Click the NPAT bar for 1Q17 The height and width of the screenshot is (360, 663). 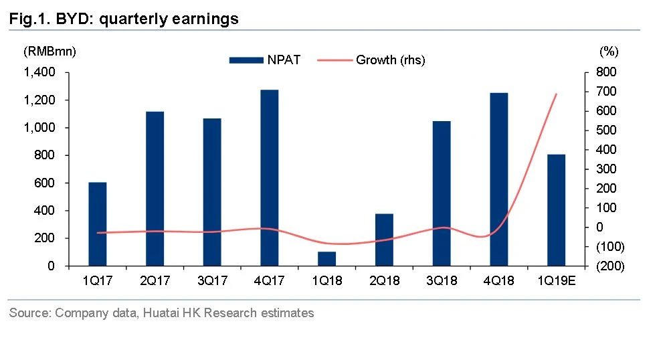(x=98, y=224)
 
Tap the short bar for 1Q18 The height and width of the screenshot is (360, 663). (x=327, y=258)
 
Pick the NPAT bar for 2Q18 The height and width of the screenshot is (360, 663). (x=385, y=240)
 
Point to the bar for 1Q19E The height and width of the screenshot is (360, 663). (x=557, y=210)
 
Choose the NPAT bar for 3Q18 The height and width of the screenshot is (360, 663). (x=442, y=193)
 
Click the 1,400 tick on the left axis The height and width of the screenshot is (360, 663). (x=41, y=72)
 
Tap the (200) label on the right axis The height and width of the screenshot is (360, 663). (x=609, y=266)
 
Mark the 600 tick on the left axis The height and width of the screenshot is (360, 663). (x=47, y=183)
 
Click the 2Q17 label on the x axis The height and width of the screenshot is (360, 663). (x=155, y=280)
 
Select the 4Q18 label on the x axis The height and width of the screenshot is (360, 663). (x=499, y=280)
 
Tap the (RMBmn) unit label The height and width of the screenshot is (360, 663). (x=50, y=51)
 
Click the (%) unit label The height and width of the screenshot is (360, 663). (x=609, y=51)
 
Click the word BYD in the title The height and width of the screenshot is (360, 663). (x=75, y=19)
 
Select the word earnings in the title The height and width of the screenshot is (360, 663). (x=207, y=19)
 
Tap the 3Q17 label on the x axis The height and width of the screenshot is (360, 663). (x=213, y=280)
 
